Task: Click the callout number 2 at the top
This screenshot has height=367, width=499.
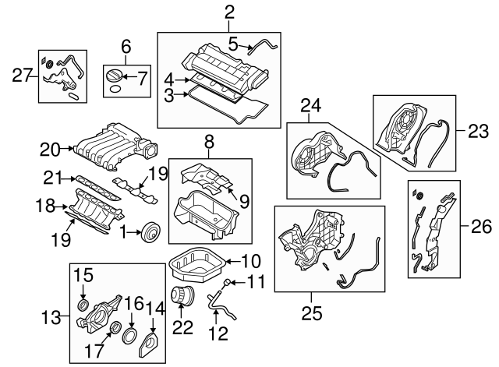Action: pos(228,12)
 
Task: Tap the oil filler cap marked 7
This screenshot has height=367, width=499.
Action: pos(115,78)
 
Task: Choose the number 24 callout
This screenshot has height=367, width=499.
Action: pos(311,106)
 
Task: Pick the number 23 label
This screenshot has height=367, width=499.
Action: pos(476,132)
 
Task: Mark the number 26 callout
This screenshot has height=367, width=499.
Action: pos(481,228)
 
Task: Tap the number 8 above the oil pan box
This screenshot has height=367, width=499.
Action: pos(209,143)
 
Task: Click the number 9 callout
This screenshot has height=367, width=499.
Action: pos(243,202)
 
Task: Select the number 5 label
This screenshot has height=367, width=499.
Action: pos(233,44)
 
